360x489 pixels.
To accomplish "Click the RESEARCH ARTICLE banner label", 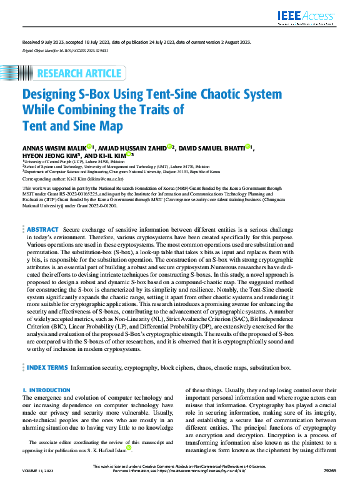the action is (79, 74).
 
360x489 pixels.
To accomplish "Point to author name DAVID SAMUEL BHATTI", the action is (211, 148).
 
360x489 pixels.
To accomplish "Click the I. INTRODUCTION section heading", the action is (46, 390).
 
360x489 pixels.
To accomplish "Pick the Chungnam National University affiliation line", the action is (121, 171).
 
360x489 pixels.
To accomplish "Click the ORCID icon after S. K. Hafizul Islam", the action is (129, 448).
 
